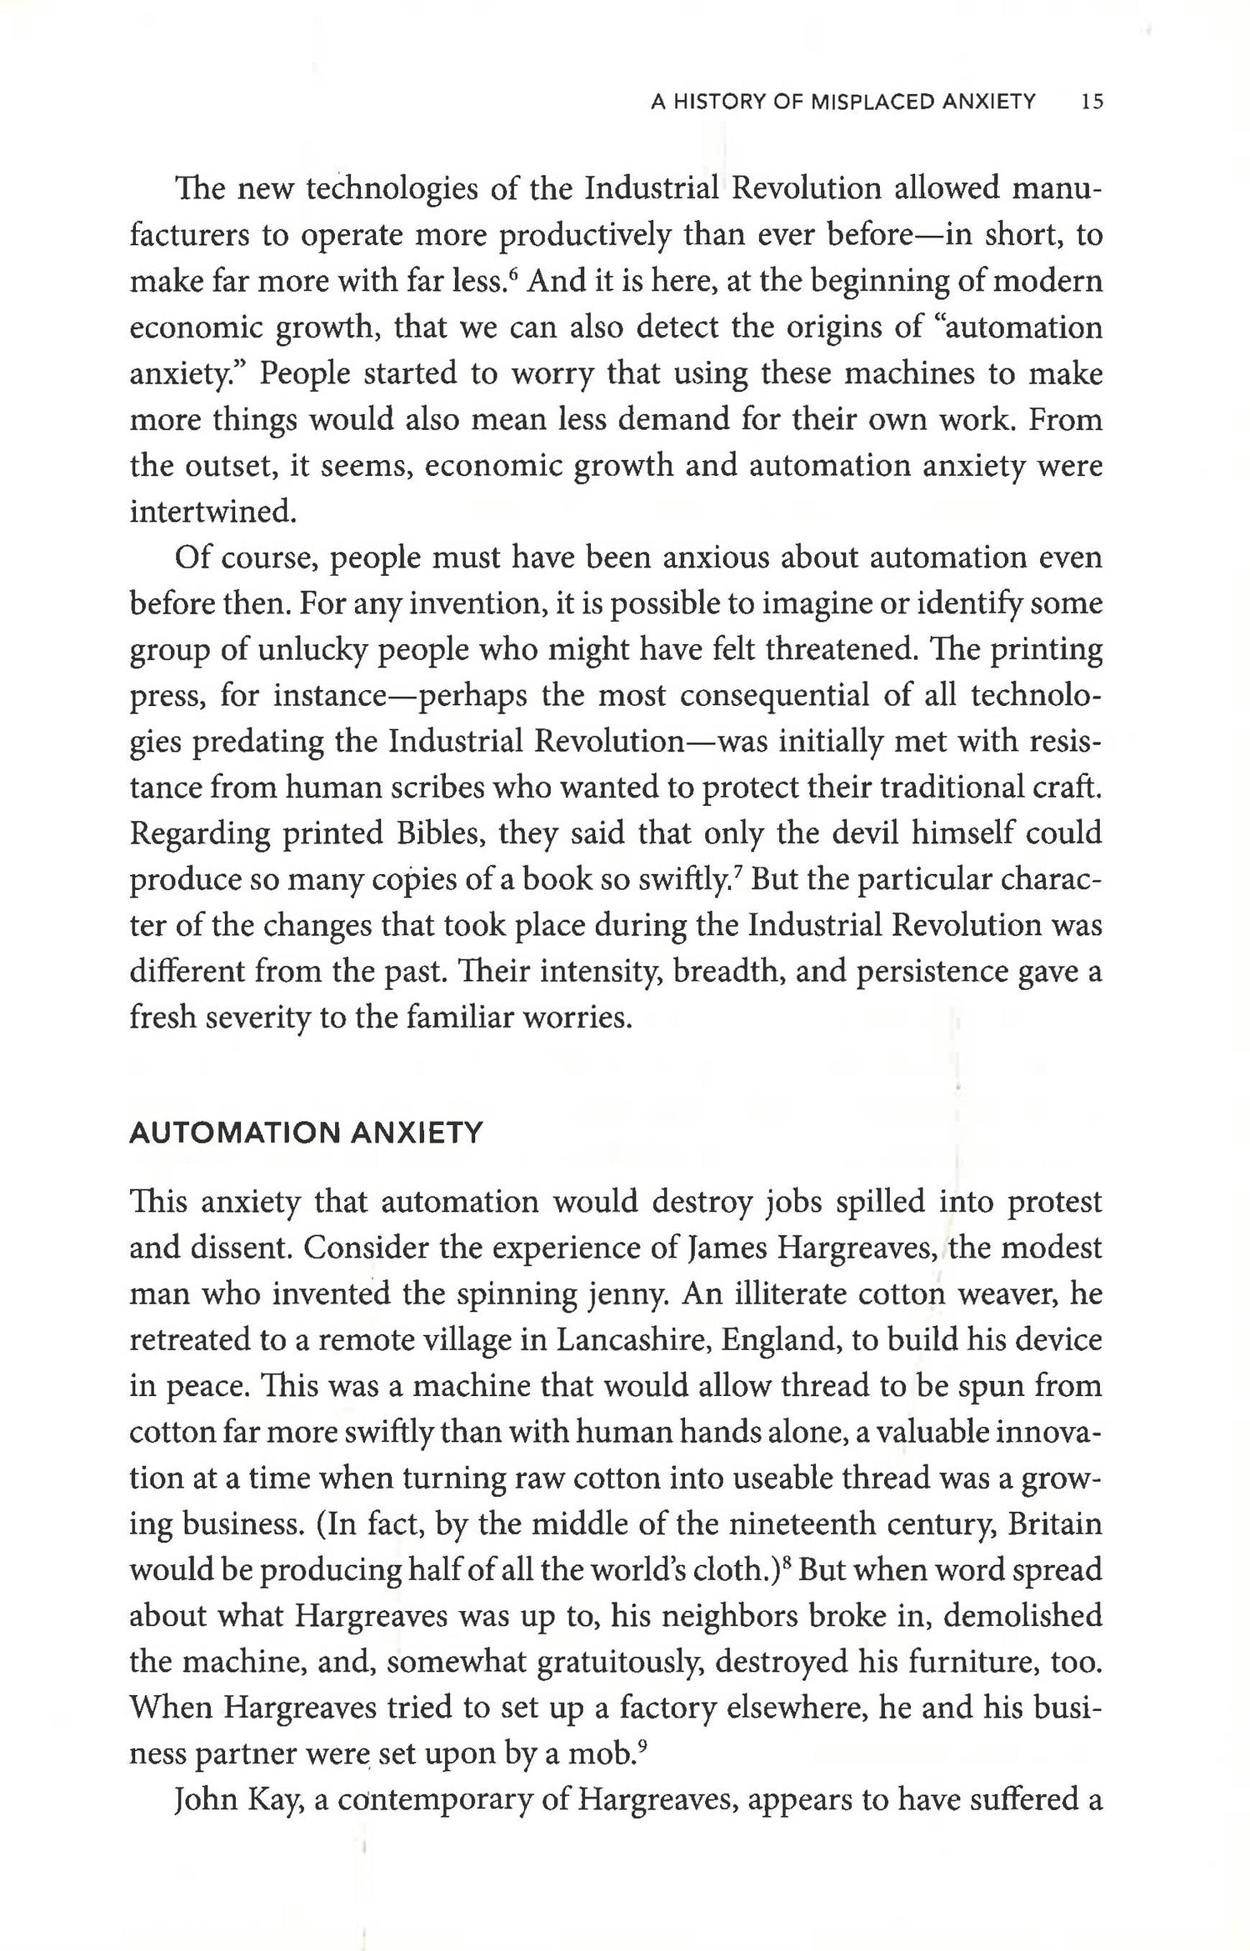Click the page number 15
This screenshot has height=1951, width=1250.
click(x=1091, y=103)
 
